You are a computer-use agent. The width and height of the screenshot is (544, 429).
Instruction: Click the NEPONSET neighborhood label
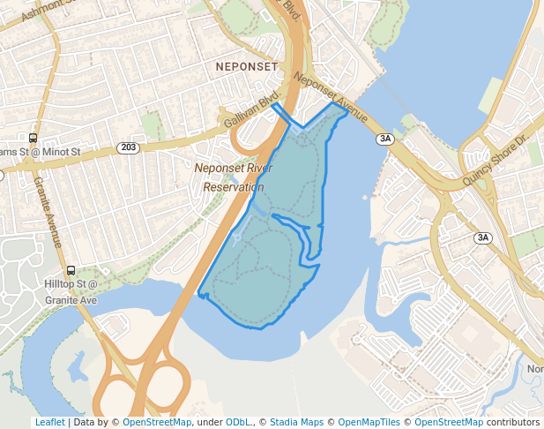pyautogui.click(x=247, y=67)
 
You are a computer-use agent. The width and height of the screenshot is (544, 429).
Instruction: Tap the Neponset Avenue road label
pyautogui.click(x=332, y=93)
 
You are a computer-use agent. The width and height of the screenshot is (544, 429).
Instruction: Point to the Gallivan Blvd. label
pyautogui.click(x=252, y=107)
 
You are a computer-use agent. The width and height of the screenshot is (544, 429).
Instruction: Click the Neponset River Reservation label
pyautogui.click(x=234, y=177)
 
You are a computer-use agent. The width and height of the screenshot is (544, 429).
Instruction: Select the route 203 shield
pyautogui.click(x=129, y=147)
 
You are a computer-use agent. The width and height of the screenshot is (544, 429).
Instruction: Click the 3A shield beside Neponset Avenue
pyautogui.click(x=384, y=139)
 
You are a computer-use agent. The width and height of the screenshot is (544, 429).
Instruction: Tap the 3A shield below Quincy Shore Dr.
pyautogui.click(x=482, y=237)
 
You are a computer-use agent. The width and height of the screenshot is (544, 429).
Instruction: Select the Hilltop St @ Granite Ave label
pyautogui.click(x=71, y=292)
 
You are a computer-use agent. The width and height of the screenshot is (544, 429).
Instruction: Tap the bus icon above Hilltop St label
pyautogui.click(x=71, y=271)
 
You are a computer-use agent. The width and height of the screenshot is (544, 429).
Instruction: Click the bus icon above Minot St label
pyautogui.click(x=33, y=138)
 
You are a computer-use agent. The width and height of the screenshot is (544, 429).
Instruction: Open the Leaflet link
pyautogui.click(x=49, y=422)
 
